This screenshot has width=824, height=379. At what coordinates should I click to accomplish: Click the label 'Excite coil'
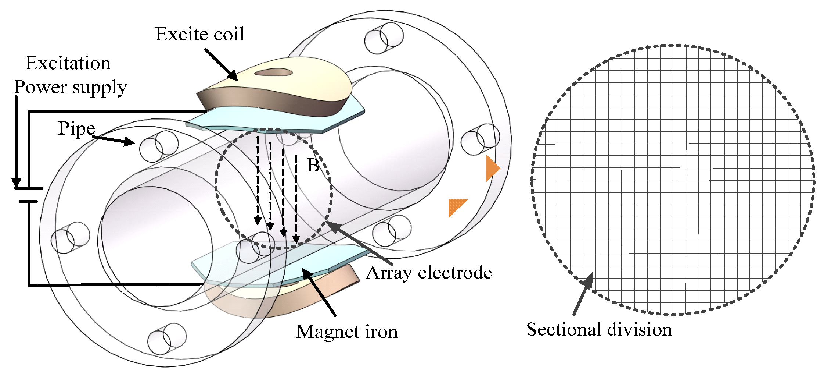199,34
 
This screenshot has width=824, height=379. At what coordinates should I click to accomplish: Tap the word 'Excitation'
68,63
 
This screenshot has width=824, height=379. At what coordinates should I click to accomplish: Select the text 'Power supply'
71,88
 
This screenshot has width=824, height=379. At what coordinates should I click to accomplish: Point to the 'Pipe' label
76,128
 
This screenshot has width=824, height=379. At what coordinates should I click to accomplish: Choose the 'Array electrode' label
429,273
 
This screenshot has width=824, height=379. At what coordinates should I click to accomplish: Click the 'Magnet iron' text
347,332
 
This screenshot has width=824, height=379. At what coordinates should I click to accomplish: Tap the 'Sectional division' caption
599,329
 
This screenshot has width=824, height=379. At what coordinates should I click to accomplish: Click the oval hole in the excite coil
273,72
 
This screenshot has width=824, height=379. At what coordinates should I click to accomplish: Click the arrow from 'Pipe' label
114,140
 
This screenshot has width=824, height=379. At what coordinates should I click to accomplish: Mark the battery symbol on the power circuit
28,195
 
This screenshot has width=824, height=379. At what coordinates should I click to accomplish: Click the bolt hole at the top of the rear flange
384,38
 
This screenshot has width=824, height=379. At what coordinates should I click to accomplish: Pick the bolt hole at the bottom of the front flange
166,339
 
